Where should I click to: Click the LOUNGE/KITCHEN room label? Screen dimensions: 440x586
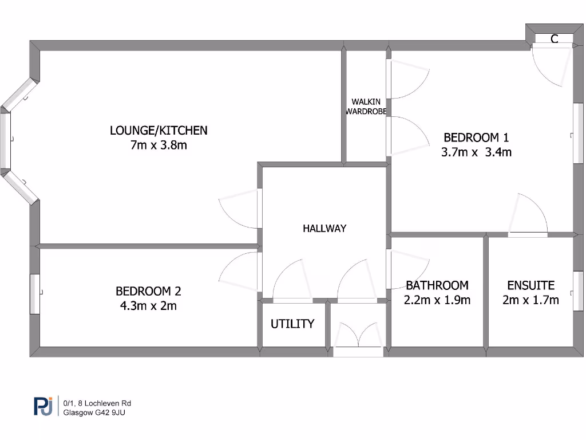159,131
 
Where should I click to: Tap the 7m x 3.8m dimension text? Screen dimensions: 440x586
159,146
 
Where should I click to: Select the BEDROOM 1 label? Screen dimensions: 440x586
476,137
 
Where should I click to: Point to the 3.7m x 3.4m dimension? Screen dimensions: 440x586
476,152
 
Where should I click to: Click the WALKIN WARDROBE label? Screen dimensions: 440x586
366,107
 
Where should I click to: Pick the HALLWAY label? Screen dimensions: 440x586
324,229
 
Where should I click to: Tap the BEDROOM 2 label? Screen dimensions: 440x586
148,291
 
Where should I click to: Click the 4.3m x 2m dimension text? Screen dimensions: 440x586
148,306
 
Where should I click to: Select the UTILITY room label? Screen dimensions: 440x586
292,324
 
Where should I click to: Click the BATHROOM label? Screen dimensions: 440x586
437,285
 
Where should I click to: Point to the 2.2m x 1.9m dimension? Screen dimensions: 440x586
437,300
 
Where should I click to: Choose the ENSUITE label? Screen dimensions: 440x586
530,285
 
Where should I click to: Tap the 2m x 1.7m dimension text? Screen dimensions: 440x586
530,300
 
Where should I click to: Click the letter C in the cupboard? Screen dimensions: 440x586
554,40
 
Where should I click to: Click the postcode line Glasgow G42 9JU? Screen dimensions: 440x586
94,412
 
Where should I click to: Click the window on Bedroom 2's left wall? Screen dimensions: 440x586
35,294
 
